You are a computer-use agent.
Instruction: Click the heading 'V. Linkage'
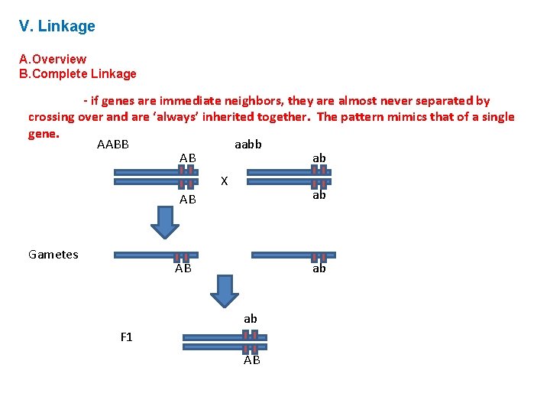(57, 27)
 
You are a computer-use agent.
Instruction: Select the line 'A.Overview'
(53, 59)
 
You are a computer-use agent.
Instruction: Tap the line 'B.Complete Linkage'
(78, 74)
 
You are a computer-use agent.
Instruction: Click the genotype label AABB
(113, 145)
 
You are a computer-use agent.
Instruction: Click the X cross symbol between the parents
(224, 181)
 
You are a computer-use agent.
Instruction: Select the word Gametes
(53, 255)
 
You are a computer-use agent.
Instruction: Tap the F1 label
(126, 337)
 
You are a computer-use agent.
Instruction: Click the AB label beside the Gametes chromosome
(183, 269)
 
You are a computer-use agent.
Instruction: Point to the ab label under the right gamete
(319, 269)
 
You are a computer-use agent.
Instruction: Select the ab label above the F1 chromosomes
(251, 318)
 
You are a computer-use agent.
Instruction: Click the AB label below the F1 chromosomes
(252, 360)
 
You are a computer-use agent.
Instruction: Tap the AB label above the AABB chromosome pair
(188, 158)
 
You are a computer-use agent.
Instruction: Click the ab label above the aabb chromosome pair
(319, 158)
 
